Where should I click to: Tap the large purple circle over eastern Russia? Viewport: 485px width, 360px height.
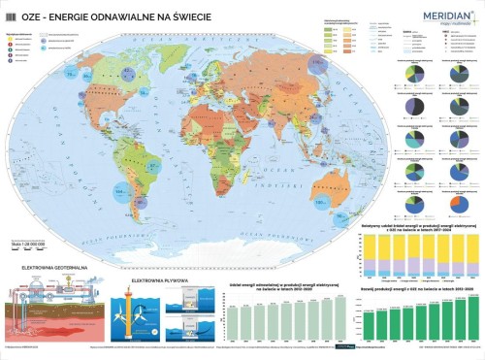click(x=320, y=66)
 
